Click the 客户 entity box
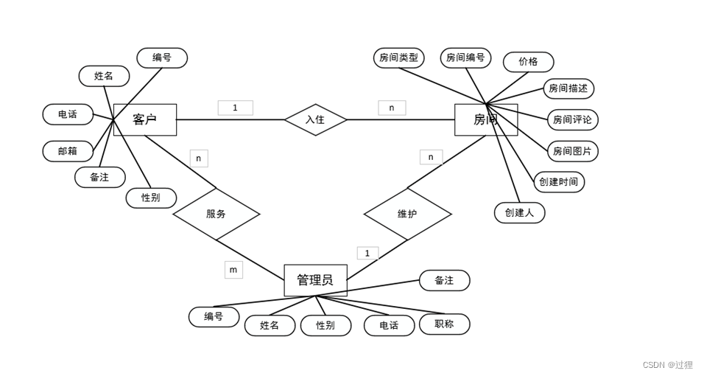pyautogui.click(x=145, y=119)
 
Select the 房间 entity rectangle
pyautogui.click(x=486, y=119)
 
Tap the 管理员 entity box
pyautogui.click(x=315, y=280)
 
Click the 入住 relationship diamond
pyautogui.click(x=315, y=119)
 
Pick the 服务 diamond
pyautogui.click(x=216, y=214)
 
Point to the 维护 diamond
pyautogui.click(x=407, y=214)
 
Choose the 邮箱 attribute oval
pyautogui.click(x=68, y=151)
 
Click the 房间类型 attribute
pyautogui.click(x=398, y=58)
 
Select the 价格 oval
pyautogui.click(x=528, y=62)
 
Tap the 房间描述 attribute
pyautogui.click(x=569, y=88)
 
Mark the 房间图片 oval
pyautogui.click(x=572, y=151)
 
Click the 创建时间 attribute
pyautogui.click(x=559, y=182)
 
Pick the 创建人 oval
pyautogui.click(x=519, y=212)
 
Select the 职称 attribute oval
pyautogui.click(x=444, y=324)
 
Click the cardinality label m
pyautogui.click(x=233, y=270)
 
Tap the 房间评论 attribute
pyautogui.click(x=572, y=119)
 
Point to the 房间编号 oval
pyautogui.click(x=465, y=58)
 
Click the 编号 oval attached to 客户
pyautogui.click(x=162, y=58)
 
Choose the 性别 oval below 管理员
pyautogui.click(x=325, y=325)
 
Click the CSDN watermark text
pyautogui.click(x=667, y=365)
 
